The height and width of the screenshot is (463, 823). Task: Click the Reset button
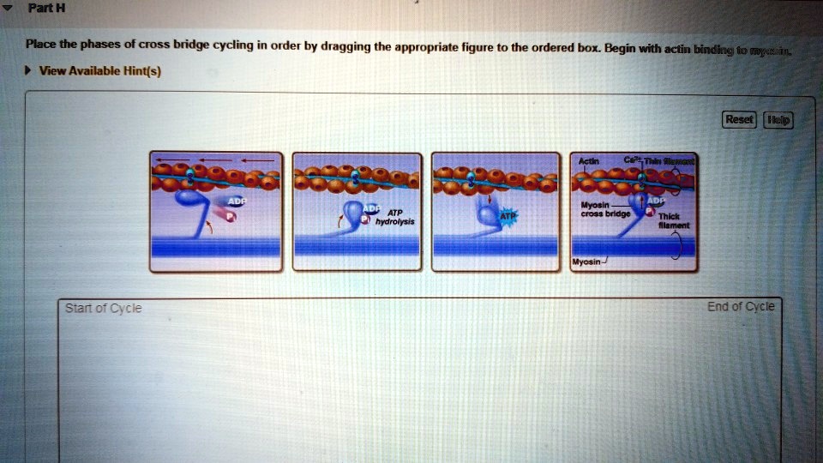pyautogui.click(x=739, y=120)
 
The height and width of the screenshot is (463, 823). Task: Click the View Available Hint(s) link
pyautogui.click(x=99, y=71)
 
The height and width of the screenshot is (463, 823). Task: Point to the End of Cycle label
pyautogui.click(x=741, y=307)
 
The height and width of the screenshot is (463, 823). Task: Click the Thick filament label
pyautogui.click(x=670, y=220)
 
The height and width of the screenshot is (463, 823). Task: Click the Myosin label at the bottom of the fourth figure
pyautogui.click(x=587, y=262)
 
